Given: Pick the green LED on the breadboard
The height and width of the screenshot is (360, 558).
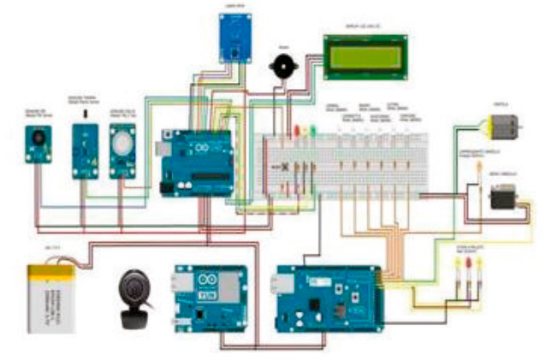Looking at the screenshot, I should click(312, 132).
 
